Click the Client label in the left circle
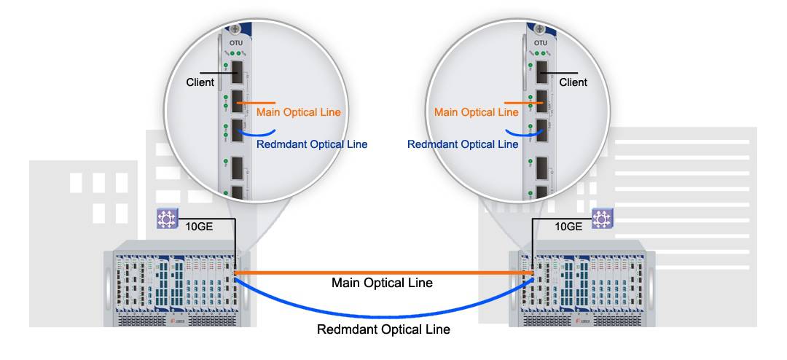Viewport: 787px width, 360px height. point(200,82)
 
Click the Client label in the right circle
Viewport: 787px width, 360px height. point(573,82)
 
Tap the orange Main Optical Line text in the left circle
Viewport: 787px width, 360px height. point(298,112)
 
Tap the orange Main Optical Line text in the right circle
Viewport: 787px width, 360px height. point(476,112)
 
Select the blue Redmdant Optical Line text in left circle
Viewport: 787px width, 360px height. point(312,144)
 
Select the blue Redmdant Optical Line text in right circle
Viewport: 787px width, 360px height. point(463,144)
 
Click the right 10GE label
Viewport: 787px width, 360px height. point(568,227)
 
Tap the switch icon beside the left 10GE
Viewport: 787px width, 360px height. point(168,217)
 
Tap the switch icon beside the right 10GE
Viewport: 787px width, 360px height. point(601,217)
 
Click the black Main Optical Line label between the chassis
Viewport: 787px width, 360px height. point(382,282)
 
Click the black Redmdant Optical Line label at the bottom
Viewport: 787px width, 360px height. point(383,329)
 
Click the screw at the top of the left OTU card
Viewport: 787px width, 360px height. point(235,29)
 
